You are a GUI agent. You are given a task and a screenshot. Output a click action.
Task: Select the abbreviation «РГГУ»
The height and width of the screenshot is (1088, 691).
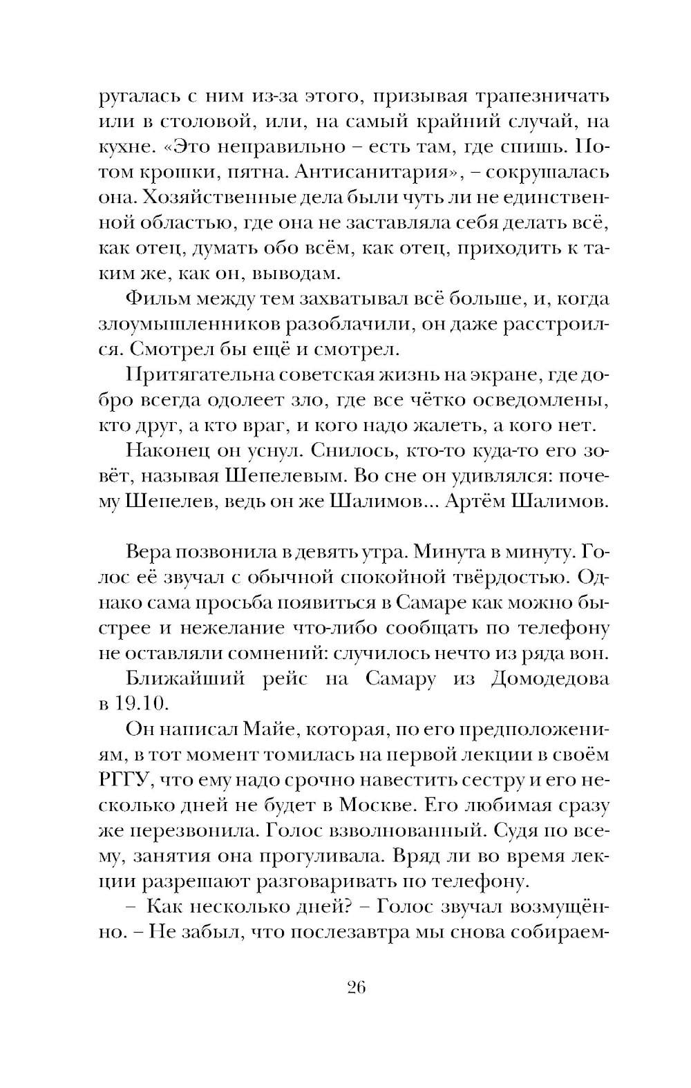[x=122, y=780]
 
